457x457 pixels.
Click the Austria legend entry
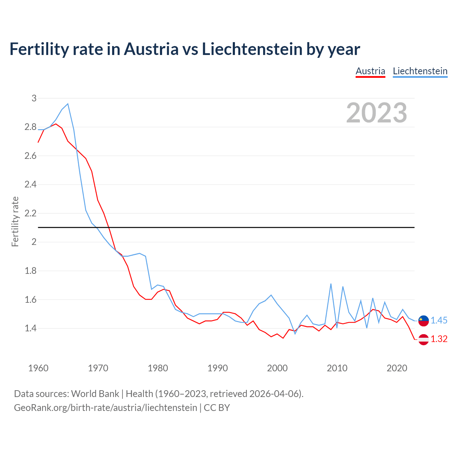point(370,71)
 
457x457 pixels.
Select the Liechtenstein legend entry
point(420,71)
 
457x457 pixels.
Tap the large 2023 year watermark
point(376,113)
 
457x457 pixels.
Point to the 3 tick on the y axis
point(34,98)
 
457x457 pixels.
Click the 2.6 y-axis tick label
point(30,156)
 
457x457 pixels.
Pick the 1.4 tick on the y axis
point(30,328)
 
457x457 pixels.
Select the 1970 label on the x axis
point(98,368)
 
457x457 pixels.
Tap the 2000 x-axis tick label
point(277,368)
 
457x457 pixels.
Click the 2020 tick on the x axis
point(397,368)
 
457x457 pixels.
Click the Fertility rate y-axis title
point(15,221)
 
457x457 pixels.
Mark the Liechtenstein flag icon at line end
point(423,321)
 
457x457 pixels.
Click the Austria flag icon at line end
point(423,339)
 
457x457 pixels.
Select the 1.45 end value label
point(439,321)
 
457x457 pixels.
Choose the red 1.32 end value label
point(439,339)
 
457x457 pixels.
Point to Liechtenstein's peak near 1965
point(68,104)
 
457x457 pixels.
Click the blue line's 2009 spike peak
point(331,284)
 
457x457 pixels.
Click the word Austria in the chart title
point(151,49)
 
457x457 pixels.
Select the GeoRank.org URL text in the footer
point(105,408)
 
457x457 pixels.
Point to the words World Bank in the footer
point(95,394)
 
